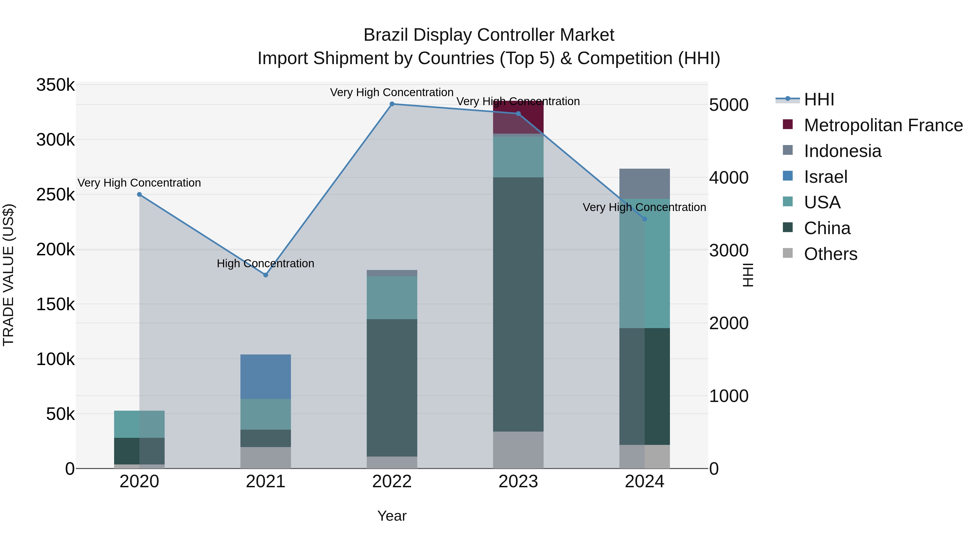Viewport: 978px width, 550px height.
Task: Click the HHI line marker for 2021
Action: point(265,275)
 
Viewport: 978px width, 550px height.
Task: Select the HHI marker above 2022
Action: point(392,104)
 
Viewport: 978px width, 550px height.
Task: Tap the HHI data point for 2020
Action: point(139,194)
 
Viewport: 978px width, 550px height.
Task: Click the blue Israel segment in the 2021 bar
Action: point(265,376)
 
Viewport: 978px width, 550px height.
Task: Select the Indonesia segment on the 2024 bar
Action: point(644,184)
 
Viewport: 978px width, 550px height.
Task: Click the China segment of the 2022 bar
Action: point(392,387)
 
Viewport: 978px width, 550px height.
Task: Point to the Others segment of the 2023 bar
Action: point(518,450)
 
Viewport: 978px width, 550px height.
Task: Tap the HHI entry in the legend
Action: point(819,99)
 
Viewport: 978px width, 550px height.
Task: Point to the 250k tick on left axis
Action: point(55,195)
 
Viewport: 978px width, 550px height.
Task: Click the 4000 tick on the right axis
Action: point(729,178)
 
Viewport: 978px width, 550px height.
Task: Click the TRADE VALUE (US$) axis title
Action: point(8,275)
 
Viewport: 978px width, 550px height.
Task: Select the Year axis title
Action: point(392,516)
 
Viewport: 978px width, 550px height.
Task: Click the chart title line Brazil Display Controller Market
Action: point(489,35)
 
